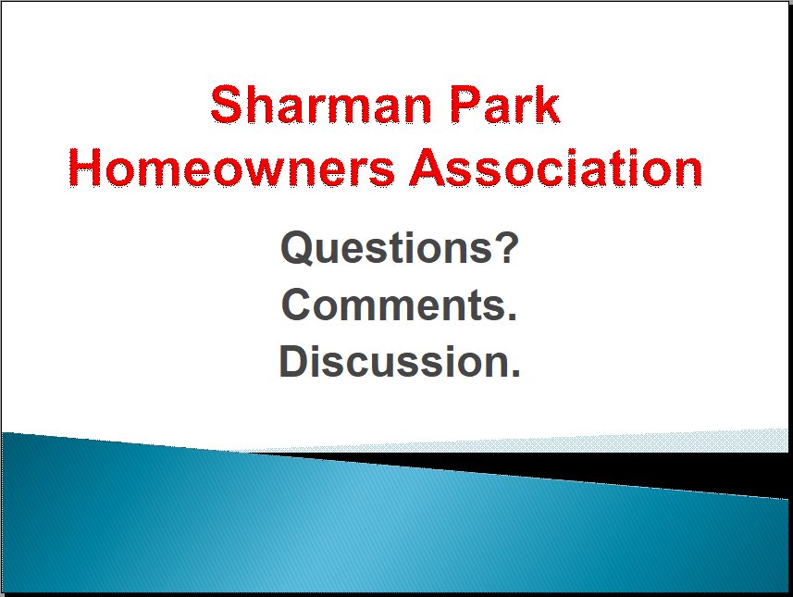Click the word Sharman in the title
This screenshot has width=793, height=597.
(321, 105)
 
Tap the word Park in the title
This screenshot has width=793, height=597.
(504, 105)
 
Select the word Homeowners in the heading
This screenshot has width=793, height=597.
(231, 168)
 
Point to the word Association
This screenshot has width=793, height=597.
(556, 168)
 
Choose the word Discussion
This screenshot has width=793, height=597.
(392, 361)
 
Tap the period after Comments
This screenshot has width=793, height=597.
(512, 317)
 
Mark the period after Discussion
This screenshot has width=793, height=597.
(514, 373)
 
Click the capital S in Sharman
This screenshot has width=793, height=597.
(226, 105)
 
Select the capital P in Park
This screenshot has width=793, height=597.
(465, 105)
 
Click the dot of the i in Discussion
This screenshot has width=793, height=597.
(324, 348)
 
